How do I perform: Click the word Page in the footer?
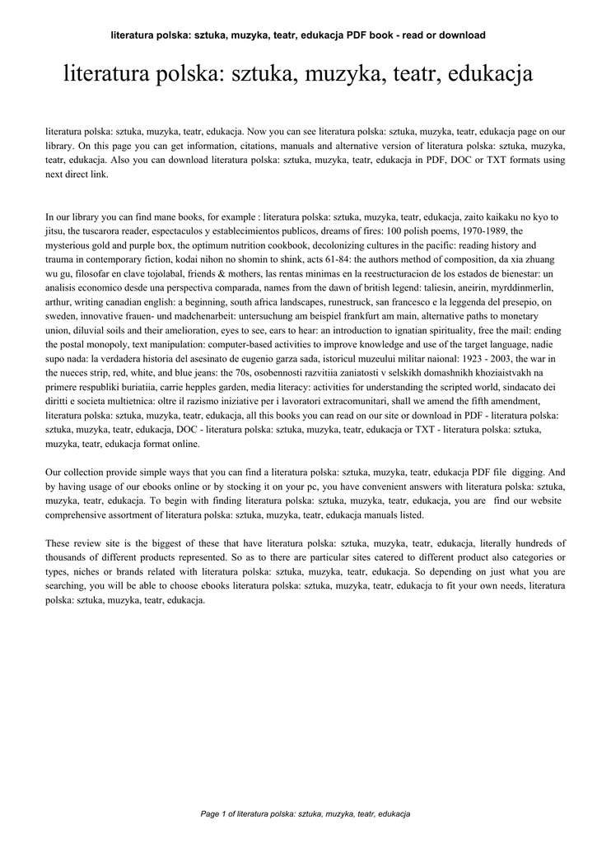tap(211, 813)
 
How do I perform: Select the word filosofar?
tap(100, 273)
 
